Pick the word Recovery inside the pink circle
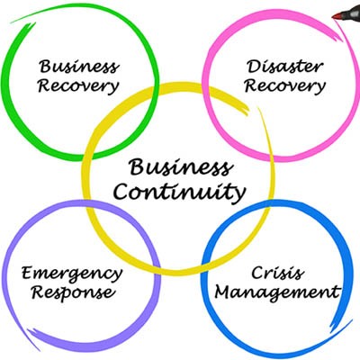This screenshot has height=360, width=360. pyautogui.click(x=285, y=86)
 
